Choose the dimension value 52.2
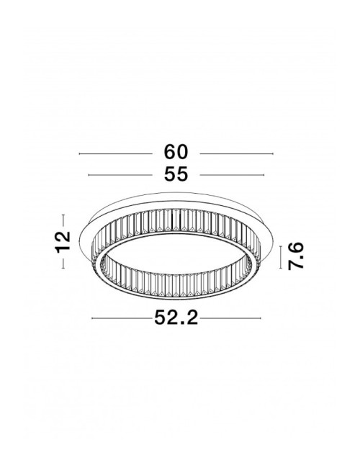coord(176,318)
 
